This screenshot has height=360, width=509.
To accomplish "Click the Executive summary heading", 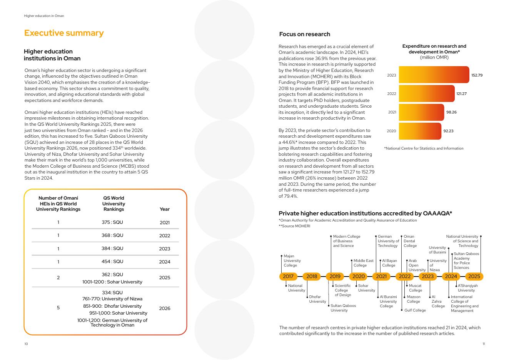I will click(64, 33).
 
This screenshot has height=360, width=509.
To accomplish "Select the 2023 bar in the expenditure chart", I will click(434, 75).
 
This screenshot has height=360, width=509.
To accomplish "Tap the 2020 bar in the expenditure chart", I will click(420, 131).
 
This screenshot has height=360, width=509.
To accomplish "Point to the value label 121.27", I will click(461, 93).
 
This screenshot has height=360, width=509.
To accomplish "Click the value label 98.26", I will click(451, 112).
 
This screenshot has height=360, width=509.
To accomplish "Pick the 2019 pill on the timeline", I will click(335, 276).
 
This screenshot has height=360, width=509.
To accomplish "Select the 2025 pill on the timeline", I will click(474, 276).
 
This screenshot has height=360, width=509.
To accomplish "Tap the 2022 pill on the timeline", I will click(404, 276).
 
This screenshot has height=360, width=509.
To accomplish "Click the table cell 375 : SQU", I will click(112, 222).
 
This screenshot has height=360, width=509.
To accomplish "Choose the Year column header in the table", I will click(164, 209).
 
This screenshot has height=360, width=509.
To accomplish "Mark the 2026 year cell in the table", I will click(164, 308).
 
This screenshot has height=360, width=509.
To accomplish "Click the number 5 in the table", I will click(58, 308).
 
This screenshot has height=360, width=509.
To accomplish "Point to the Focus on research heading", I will click(304, 34).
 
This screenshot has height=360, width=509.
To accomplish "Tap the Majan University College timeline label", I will click(292, 261).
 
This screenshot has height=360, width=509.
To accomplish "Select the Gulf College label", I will click(415, 310).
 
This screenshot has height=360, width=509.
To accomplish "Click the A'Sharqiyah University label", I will click(467, 288).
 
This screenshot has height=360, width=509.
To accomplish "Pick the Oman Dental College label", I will click(410, 241).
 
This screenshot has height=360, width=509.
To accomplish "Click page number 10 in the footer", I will click(26, 344).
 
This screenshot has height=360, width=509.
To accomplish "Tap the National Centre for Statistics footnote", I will click(424, 148).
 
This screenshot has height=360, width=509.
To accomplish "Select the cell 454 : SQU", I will click(112, 262).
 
